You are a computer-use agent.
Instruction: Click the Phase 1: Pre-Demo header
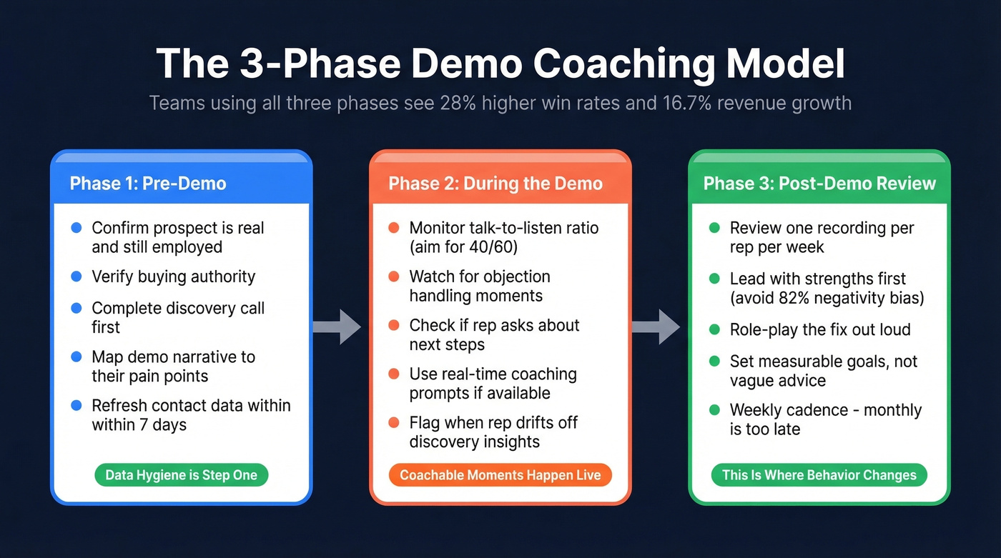click(148, 184)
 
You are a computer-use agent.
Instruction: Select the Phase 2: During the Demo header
click(495, 184)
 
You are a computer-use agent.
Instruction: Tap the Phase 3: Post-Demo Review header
click(819, 184)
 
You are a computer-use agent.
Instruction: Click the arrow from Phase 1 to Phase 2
click(337, 327)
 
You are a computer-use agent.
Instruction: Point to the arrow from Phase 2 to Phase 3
click(656, 327)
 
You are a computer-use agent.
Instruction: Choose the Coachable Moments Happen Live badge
click(500, 475)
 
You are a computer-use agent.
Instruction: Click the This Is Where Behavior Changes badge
click(819, 475)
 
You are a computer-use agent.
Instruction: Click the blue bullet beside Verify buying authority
click(77, 276)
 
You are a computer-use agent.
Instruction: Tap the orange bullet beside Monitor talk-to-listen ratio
click(393, 228)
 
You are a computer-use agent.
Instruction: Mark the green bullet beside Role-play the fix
click(714, 329)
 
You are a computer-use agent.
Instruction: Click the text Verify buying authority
click(173, 276)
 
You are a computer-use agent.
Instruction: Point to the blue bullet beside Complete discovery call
click(77, 308)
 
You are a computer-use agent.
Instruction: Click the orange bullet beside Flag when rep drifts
click(393, 422)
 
